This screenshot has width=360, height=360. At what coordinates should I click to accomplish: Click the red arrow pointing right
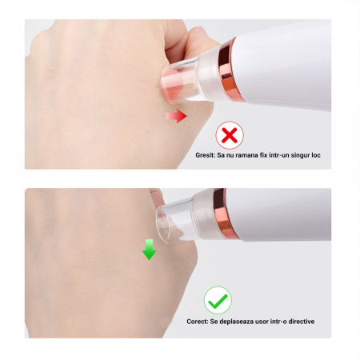176,116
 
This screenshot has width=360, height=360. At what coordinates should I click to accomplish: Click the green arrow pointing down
150,250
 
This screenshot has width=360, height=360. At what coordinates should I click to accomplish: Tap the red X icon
230,135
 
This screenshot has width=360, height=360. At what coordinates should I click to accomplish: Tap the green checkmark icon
218,300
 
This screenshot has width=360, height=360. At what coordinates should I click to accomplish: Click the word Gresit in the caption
205,155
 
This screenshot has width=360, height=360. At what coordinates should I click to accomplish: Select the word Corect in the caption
198,322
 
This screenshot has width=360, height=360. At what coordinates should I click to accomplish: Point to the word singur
300,155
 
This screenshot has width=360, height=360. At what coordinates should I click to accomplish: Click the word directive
302,322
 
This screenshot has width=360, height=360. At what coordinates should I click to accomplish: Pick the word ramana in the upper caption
243,155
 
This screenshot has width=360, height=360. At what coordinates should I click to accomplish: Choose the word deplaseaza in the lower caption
232,322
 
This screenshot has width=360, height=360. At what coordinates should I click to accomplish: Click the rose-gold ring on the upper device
227,70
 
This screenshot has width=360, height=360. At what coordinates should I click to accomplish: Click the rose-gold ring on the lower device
224,214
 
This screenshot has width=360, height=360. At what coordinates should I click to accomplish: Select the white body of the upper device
286,66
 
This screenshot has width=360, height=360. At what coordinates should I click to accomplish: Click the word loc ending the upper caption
316,155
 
